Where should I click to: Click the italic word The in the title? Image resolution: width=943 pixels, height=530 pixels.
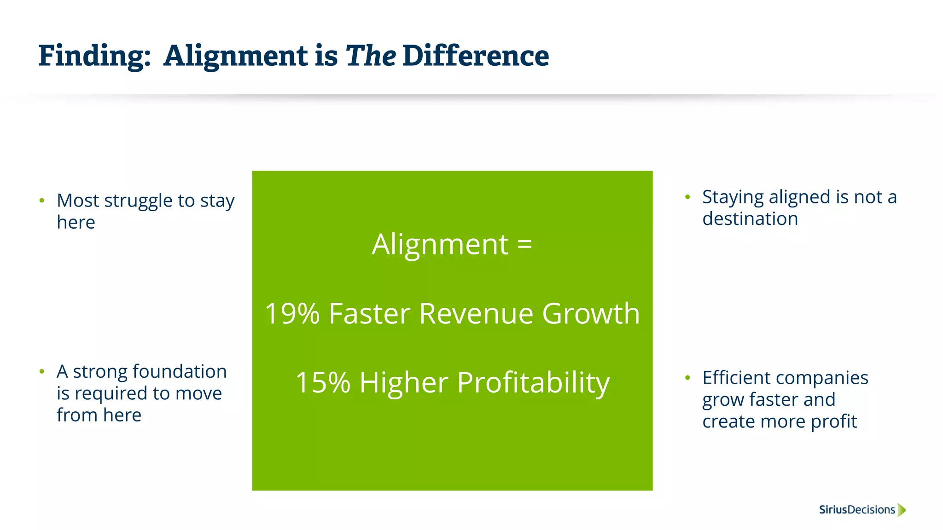tap(370, 56)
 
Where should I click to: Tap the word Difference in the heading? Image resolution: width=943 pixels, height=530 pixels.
tap(475, 56)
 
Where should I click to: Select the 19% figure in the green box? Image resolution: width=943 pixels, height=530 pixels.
tap(292, 314)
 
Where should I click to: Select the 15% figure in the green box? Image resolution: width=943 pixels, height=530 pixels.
tap(323, 383)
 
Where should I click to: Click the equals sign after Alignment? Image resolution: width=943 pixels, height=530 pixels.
tap(524, 244)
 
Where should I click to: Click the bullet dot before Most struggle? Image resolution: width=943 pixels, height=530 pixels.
tap(42, 201)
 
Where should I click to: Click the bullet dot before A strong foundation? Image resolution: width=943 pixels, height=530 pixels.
tap(42, 371)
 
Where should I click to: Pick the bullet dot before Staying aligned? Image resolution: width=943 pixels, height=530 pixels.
tap(687, 197)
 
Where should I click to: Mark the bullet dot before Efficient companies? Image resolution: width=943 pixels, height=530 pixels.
tap(687, 378)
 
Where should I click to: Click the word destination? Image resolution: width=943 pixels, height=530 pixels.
tap(750, 219)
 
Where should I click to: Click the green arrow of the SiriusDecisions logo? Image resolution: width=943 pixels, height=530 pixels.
tap(902, 510)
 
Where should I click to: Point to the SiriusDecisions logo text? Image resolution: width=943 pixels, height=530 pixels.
tap(857, 510)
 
